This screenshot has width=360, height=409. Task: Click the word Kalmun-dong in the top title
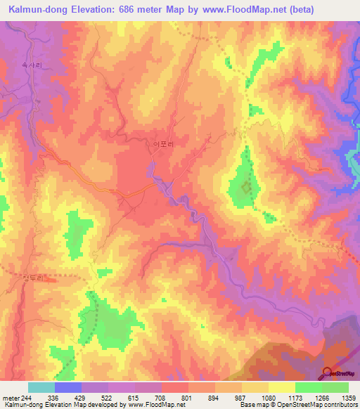click(40, 9)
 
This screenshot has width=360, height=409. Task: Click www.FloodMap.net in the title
click(247, 9)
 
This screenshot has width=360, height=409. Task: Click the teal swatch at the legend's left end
click(41, 387)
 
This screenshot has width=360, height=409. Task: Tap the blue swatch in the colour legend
click(68, 387)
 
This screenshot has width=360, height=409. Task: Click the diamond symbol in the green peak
click(246, 188)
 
